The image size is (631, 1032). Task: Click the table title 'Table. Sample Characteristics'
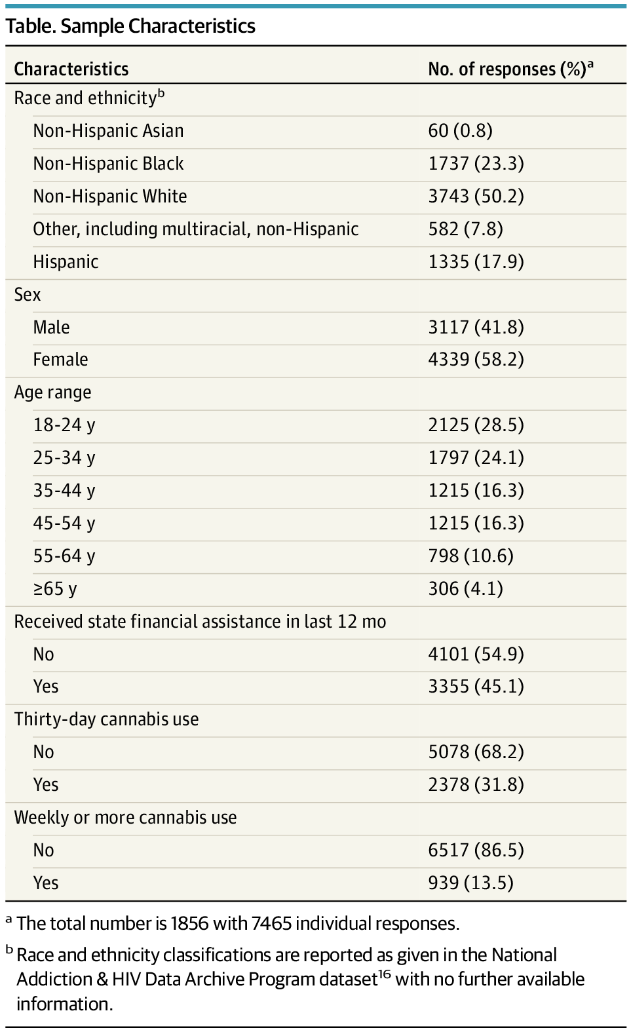coord(130,26)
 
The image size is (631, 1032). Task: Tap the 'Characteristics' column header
coord(71,69)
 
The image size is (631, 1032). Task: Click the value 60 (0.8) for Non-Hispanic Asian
coord(460,130)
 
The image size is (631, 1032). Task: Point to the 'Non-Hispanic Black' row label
coord(108,163)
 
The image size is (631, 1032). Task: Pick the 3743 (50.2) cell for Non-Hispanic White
coord(476,196)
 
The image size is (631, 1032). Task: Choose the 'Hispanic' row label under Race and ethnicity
coord(66,261)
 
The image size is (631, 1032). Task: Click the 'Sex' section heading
coord(28,294)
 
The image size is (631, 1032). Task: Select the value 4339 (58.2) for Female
coord(476,359)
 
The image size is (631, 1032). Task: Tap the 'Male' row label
coord(51,327)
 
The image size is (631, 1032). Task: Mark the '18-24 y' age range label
coord(64,425)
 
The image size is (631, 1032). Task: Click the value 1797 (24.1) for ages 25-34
coord(476,457)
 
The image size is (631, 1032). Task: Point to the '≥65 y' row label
coord(55,588)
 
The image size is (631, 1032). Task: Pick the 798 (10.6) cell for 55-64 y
coord(470,556)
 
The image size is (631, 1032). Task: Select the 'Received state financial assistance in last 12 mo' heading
coord(200,621)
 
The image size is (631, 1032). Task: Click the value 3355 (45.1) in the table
coord(476,686)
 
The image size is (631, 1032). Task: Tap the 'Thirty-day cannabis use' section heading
coord(106,719)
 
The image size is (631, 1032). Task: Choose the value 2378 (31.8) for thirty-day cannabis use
coord(476,784)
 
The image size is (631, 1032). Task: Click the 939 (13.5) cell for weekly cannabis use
coord(470,883)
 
